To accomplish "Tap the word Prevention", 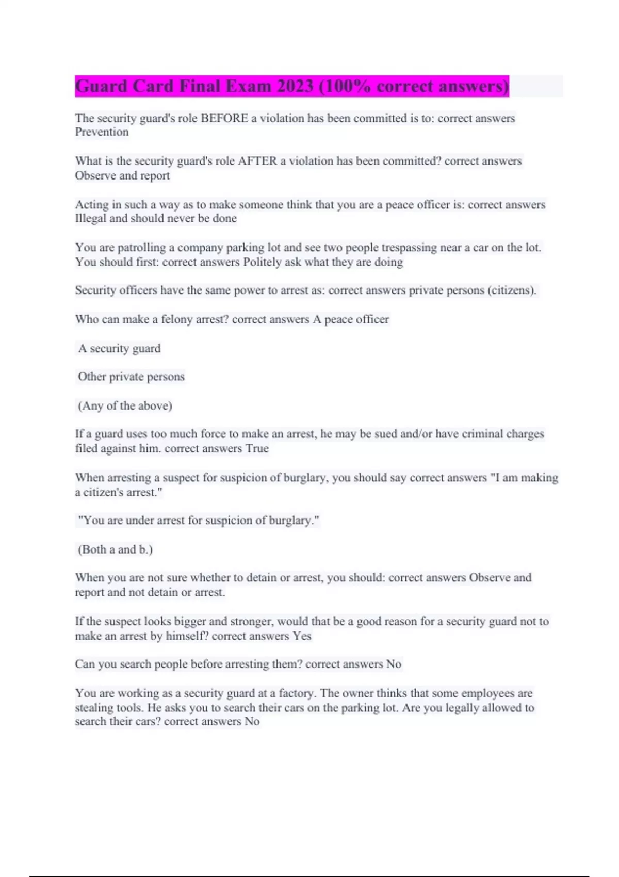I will [x=102, y=132].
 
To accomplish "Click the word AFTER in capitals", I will [x=257, y=161].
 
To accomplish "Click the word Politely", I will [x=262, y=262].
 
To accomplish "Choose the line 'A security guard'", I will [x=119, y=349].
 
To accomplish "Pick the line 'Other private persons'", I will [x=131, y=377].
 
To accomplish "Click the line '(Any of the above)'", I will [x=125, y=405].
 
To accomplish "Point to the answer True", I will [x=257, y=448].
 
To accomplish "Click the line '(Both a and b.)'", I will [x=115, y=549].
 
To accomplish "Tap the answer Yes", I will [x=302, y=636].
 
